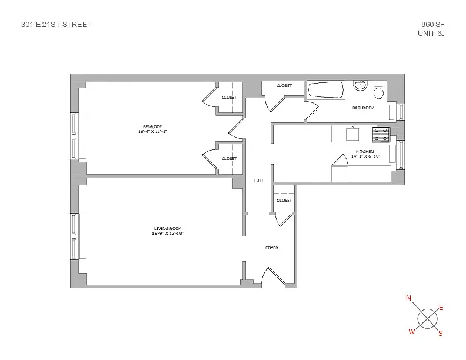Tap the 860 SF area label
click(x=432, y=25)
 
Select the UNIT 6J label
click(x=430, y=34)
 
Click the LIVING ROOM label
click(x=168, y=228)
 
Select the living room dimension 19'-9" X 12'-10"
click(x=168, y=234)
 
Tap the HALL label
click(x=258, y=181)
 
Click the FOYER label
click(x=271, y=248)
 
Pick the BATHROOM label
click(x=363, y=108)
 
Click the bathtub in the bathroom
click(x=325, y=90)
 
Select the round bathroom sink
click(x=360, y=86)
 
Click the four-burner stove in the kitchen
click(x=381, y=135)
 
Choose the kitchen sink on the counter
click(x=352, y=134)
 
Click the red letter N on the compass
click(x=408, y=299)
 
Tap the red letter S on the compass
click(x=440, y=333)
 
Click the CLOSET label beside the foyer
click(x=284, y=201)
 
